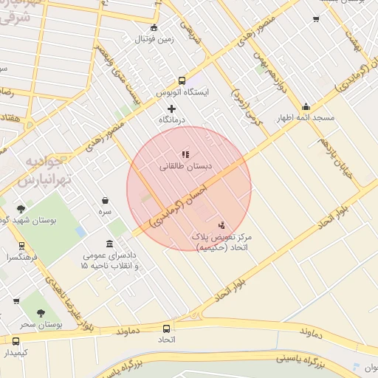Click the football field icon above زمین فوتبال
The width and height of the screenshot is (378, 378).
[x=154, y=28]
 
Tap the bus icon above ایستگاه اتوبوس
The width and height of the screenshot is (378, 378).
[x=182, y=81]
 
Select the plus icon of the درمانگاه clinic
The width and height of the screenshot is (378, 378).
[x=172, y=109]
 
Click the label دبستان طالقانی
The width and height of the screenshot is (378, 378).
[x=185, y=167]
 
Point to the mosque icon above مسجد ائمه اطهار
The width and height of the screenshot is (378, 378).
[x=306, y=106]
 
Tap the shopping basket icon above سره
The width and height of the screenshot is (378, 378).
[x=106, y=200]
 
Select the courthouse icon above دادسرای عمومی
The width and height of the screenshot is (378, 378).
[x=109, y=244]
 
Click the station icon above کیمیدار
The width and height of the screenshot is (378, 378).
[x=16, y=341]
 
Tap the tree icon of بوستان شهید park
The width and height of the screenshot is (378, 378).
[x=21, y=209]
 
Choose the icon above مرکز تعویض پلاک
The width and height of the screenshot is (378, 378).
[x=221, y=224]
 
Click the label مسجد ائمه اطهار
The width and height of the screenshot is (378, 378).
[x=306, y=118]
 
